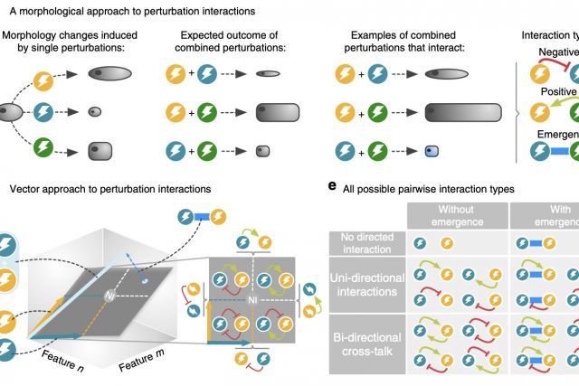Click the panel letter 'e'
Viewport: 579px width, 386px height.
tap(334, 187)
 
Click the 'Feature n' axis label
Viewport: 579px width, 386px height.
tap(63, 366)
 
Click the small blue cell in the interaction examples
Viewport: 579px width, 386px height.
tap(432, 151)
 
